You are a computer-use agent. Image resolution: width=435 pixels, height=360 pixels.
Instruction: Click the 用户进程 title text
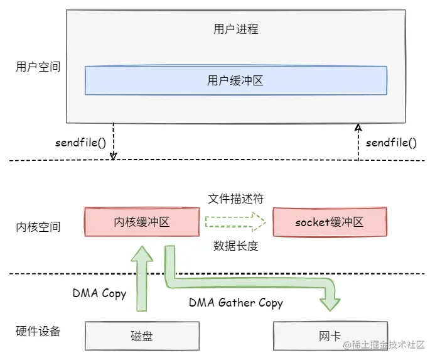click(235, 29)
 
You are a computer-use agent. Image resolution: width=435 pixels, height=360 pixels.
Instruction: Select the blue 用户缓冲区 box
click(235, 81)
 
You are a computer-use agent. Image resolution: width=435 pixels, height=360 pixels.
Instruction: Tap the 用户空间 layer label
click(38, 67)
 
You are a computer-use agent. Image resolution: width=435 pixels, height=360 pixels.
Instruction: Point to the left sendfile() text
click(80, 142)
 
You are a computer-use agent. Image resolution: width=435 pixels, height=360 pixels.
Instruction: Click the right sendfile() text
click(391, 142)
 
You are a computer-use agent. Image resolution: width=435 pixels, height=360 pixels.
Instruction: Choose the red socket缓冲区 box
click(330, 222)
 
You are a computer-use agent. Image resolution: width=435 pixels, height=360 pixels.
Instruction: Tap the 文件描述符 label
click(235, 199)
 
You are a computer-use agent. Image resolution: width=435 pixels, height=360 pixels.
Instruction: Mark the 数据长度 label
click(235, 246)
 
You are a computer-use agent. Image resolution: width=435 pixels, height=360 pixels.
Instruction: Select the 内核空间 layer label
click(38, 227)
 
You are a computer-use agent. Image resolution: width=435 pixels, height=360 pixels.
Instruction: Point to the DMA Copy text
click(99, 293)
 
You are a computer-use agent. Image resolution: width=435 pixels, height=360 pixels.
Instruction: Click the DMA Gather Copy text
click(236, 303)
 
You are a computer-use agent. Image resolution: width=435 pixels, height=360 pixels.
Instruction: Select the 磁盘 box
click(141, 336)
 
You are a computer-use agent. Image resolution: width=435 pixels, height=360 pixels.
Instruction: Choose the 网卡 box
click(330, 336)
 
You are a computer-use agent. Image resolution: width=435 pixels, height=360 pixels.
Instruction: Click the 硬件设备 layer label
click(38, 331)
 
